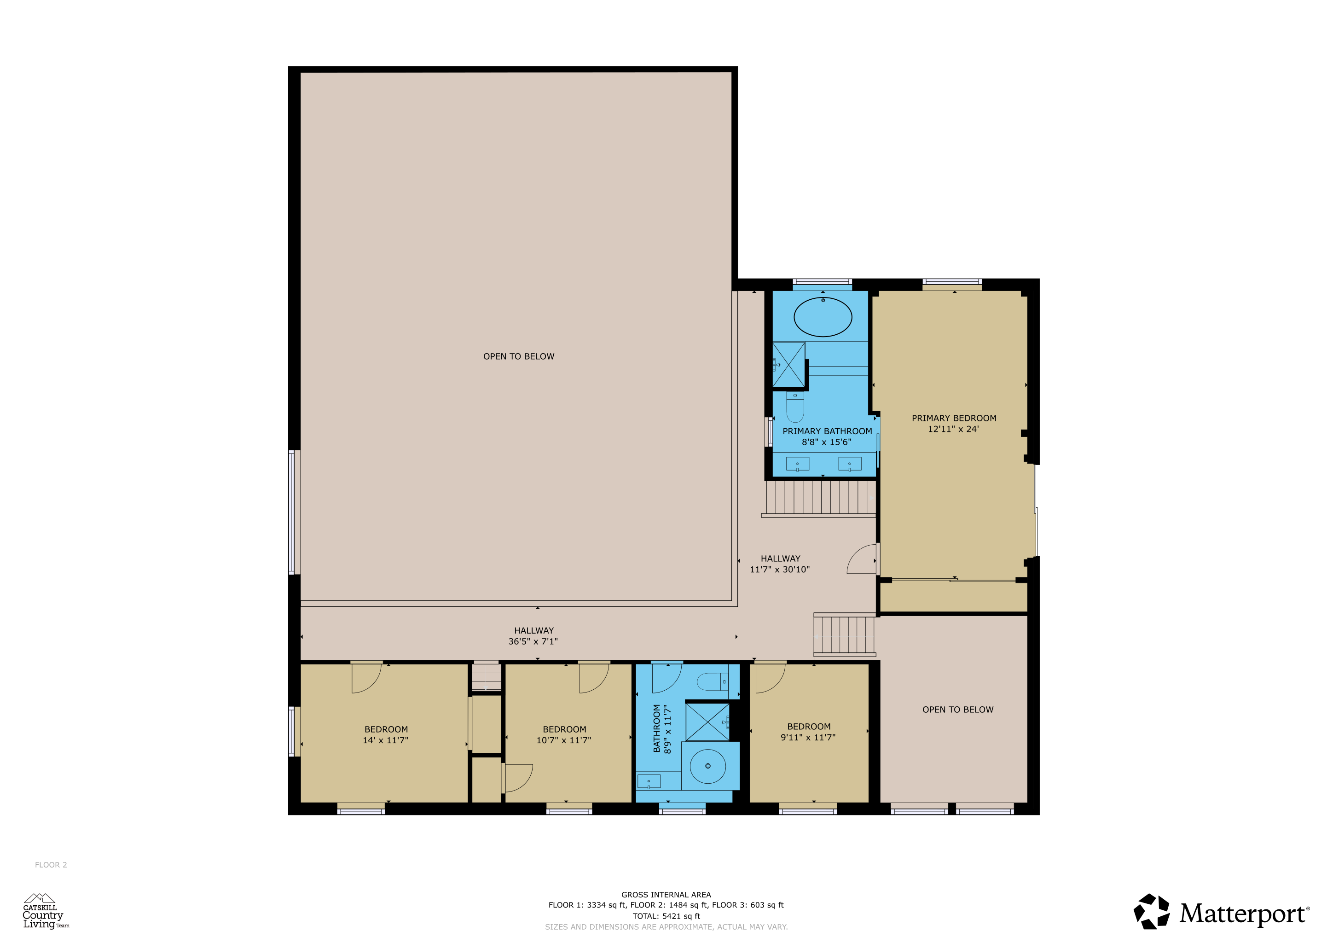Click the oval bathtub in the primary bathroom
(x=823, y=317)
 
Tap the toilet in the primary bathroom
(x=795, y=407)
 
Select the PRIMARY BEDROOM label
(x=954, y=418)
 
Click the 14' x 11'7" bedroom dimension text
(x=386, y=740)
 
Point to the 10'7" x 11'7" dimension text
(x=564, y=740)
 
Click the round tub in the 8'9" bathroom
(x=708, y=766)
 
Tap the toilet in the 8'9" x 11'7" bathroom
(x=713, y=682)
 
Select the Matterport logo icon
(x=1152, y=912)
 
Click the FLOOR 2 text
(x=51, y=865)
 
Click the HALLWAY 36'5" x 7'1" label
(x=533, y=636)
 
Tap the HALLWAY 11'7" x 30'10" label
(x=780, y=564)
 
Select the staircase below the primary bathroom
(x=820, y=498)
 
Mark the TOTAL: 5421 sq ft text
(x=666, y=916)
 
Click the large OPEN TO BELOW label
(x=518, y=356)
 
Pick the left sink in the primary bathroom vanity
(x=797, y=464)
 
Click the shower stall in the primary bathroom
(x=788, y=365)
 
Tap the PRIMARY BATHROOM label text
(x=827, y=431)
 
